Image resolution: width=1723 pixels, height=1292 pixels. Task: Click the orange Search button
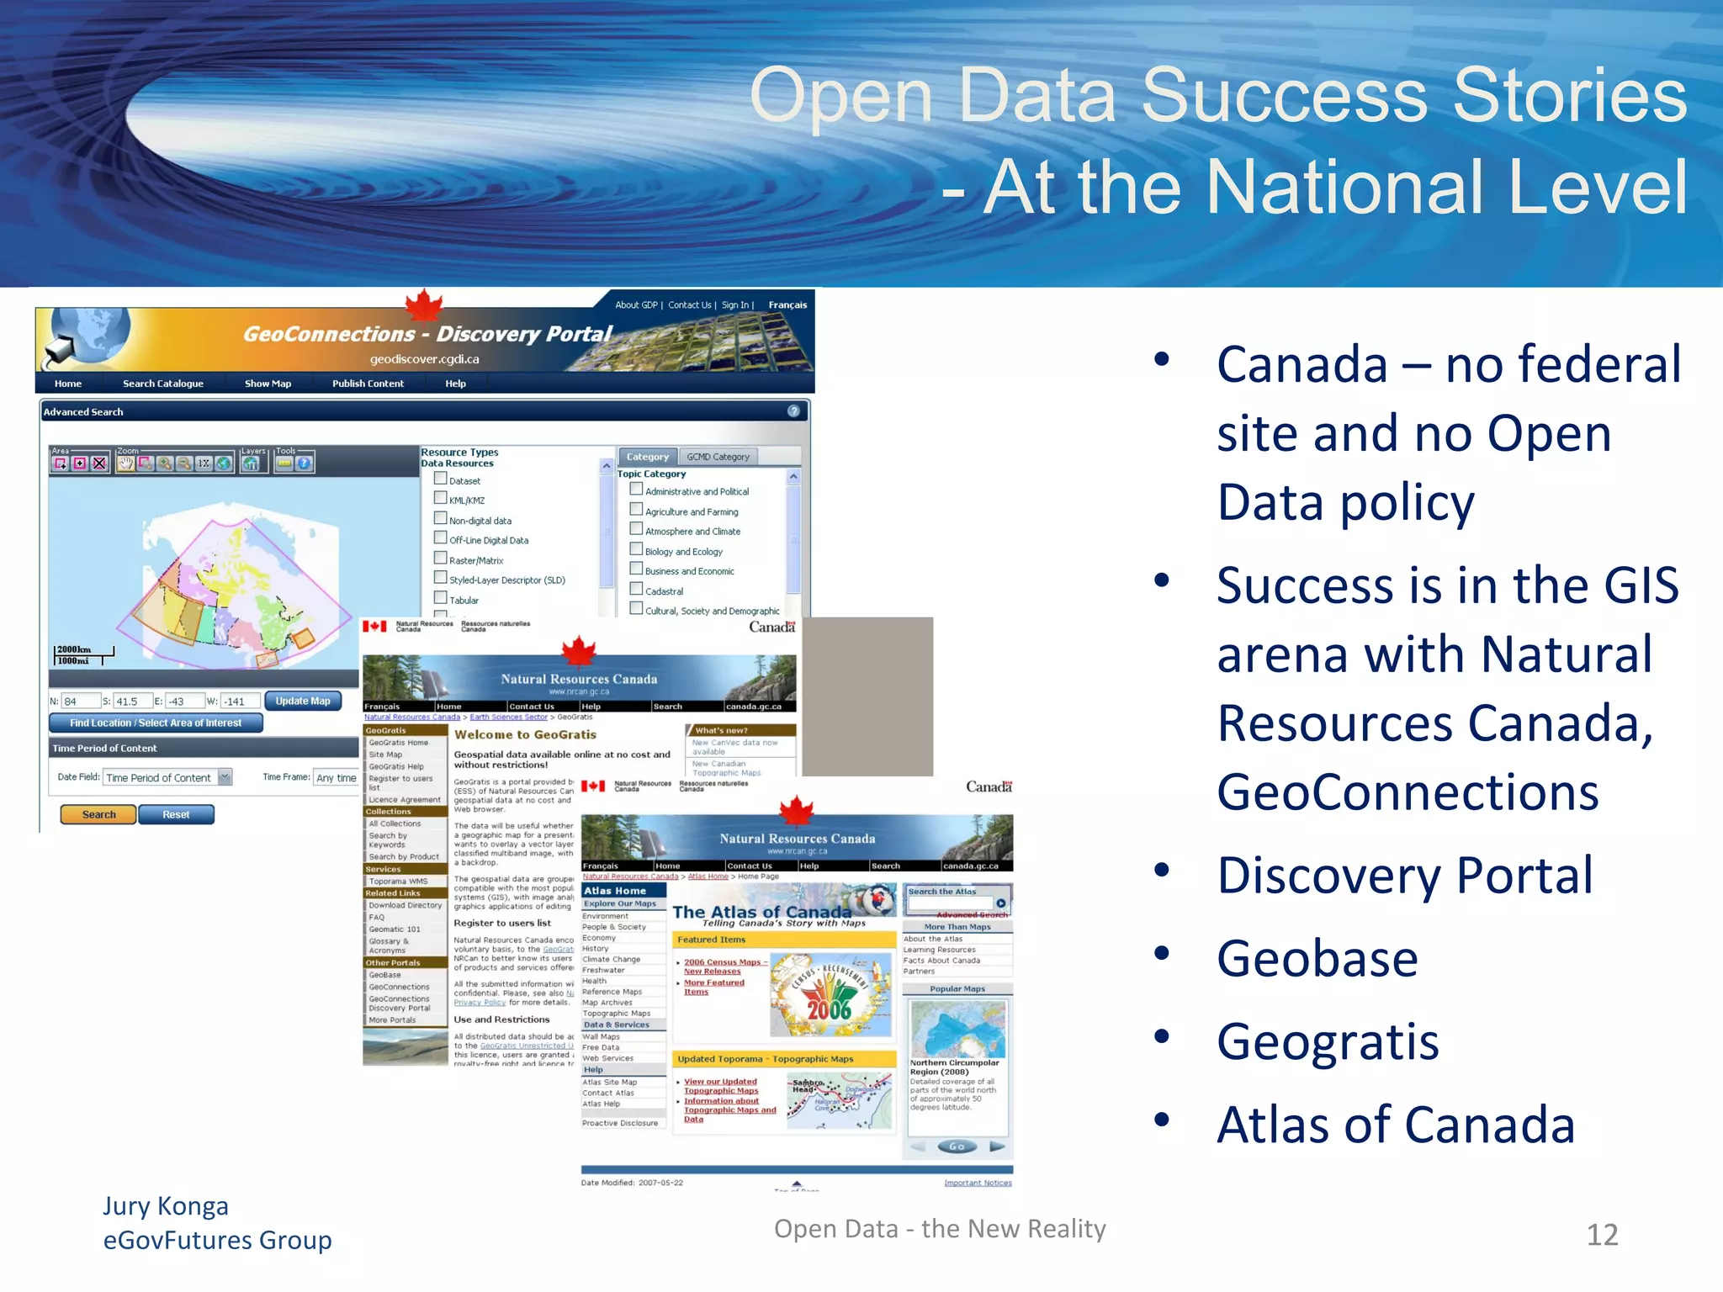pos(98,814)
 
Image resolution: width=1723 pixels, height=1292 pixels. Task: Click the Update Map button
pos(303,701)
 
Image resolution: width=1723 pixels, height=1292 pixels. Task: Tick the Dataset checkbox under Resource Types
pos(440,479)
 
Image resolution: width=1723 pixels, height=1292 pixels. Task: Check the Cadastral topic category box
pos(637,590)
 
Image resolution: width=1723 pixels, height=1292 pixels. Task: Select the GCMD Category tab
pos(718,457)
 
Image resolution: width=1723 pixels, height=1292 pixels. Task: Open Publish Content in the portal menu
pos(368,384)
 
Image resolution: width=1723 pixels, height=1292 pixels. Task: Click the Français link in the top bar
pos(787,305)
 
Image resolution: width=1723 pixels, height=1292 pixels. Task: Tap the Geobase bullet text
pos(1317,958)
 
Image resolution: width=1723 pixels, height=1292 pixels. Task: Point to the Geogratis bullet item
pos(1328,1041)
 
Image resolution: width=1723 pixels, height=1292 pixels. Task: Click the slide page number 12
pos(1601,1235)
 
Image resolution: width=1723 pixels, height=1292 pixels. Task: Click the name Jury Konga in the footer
pos(166,1206)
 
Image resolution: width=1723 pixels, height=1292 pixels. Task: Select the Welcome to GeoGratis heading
pos(525,734)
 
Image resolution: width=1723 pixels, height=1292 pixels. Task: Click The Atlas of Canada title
pos(761,912)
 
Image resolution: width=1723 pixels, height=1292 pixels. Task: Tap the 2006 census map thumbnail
pos(830,995)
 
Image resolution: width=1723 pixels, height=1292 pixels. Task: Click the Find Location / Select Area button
pos(156,723)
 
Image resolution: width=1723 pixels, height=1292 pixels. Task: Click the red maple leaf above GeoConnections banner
pos(424,304)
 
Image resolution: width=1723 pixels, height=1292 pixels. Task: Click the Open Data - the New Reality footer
pos(940,1229)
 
